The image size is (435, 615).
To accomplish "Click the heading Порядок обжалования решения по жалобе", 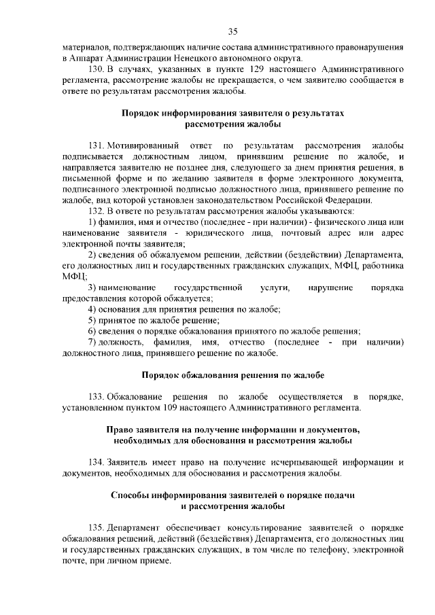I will pos(232,375).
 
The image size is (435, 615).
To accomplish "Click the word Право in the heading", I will pos(121,430).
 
